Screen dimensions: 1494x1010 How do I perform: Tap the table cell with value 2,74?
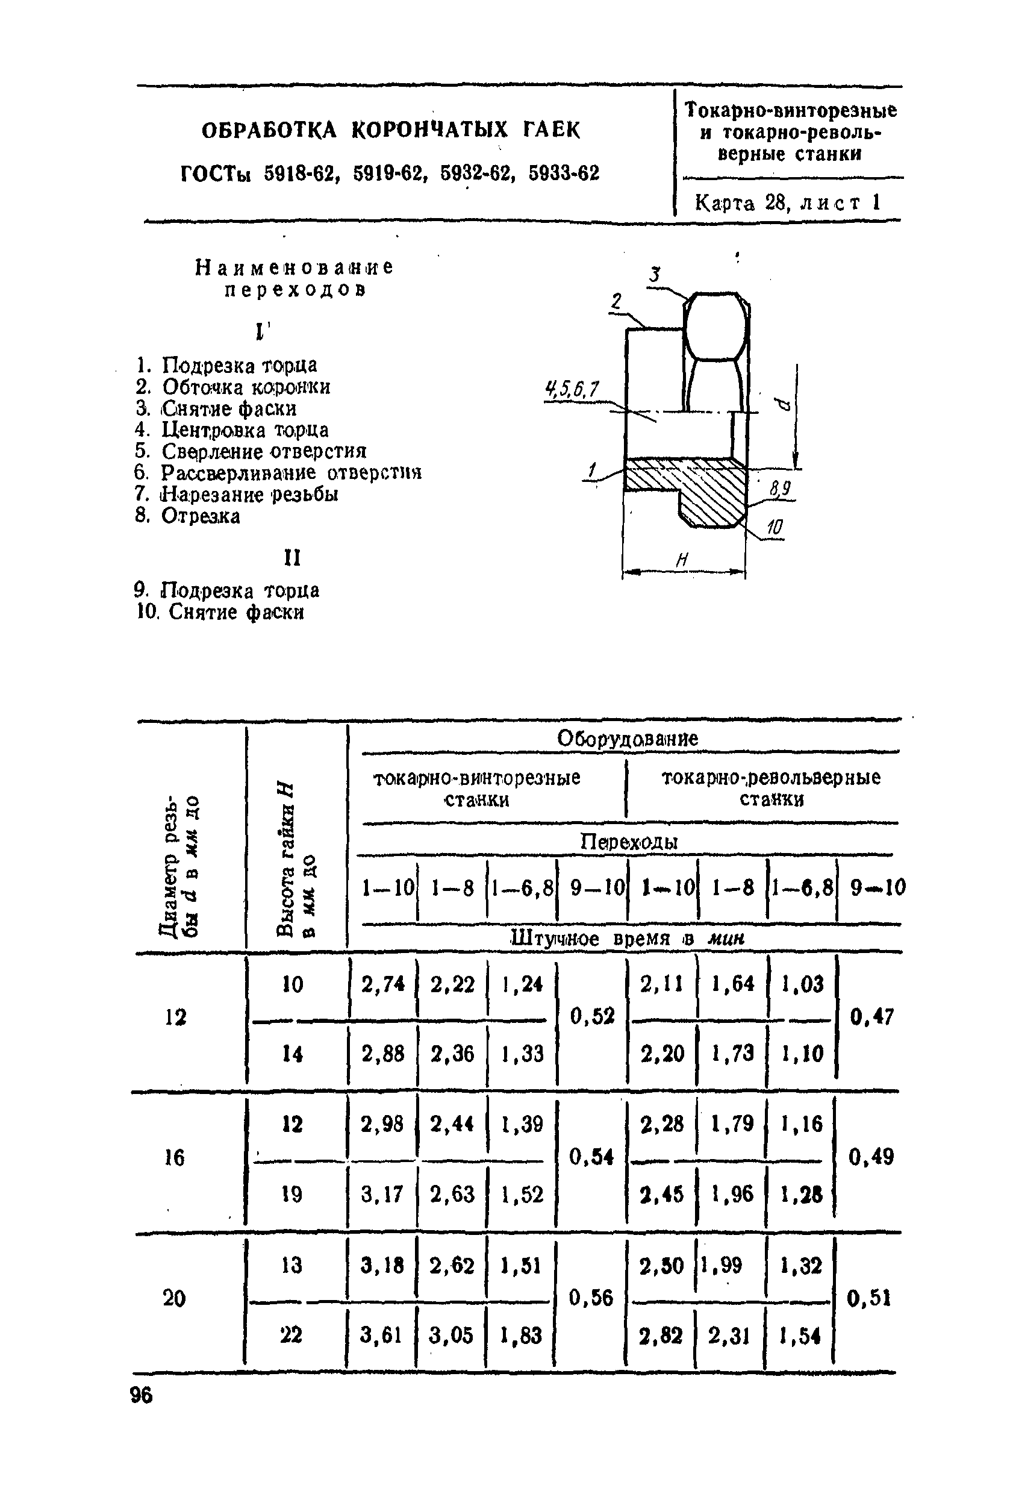(383, 984)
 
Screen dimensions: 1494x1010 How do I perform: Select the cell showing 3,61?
(381, 1335)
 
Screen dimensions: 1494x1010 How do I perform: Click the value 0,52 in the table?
(593, 1016)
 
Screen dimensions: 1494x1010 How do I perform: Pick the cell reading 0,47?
(871, 1016)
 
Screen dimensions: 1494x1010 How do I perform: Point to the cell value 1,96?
(732, 1194)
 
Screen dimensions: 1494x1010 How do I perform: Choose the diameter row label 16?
(174, 1158)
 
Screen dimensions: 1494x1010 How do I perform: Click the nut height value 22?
(291, 1335)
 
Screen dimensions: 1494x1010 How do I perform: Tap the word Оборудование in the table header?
(627, 739)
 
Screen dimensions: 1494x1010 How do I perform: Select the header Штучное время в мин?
(627, 939)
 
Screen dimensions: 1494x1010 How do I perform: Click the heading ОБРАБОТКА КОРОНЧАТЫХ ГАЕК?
(391, 131)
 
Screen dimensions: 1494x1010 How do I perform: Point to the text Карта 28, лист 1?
(787, 203)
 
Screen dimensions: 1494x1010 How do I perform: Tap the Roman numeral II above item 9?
(291, 557)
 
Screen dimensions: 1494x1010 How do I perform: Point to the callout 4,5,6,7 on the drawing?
(571, 389)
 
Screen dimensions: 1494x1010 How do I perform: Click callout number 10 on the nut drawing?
(776, 528)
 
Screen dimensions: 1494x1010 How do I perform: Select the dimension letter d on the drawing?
(782, 404)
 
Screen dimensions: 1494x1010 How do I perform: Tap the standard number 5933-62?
(564, 173)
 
